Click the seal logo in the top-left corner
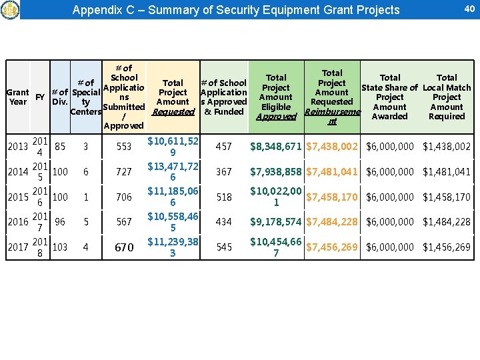coord(10,9)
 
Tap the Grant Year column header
coord(18,97)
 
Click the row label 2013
coord(18,146)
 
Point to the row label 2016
coord(18,222)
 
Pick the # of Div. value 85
coord(60,146)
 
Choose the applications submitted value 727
coord(124,171)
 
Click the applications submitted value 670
coord(124,247)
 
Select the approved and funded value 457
coord(224,146)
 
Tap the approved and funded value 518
coord(224,197)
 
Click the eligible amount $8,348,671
coord(276,146)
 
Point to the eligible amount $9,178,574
coord(276,222)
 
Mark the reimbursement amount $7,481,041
coord(331,171)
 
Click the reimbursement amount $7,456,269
coord(331,247)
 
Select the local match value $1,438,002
coord(447,146)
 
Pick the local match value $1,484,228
coord(447,222)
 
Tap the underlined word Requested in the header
coord(173,112)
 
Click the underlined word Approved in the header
coord(276,116)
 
